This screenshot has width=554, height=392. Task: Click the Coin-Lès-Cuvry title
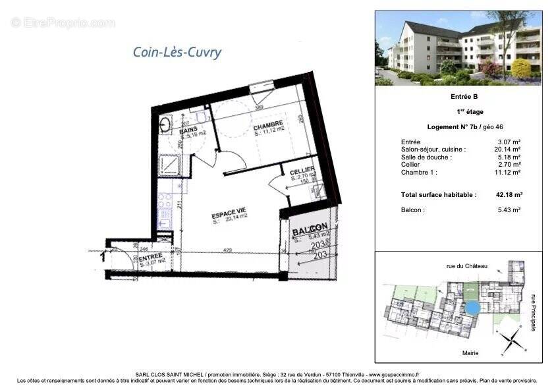click(x=178, y=53)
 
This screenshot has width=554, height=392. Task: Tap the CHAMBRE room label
click(x=269, y=123)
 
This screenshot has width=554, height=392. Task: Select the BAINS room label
click(x=188, y=130)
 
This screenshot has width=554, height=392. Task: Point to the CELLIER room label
click(x=302, y=171)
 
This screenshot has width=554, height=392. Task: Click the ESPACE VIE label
click(x=228, y=215)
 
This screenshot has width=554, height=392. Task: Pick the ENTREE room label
click(x=152, y=258)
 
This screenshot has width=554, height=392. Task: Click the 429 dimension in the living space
click(x=227, y=250)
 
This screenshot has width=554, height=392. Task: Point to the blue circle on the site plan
click(x=472, y=308)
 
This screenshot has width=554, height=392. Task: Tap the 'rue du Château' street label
click(x=466, y=266)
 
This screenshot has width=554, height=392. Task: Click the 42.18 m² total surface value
click(x=509, y=195)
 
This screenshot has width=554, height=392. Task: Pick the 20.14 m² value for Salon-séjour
click(x=509, y=150)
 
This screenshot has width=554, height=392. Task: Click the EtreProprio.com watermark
click(x=63, y=22)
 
